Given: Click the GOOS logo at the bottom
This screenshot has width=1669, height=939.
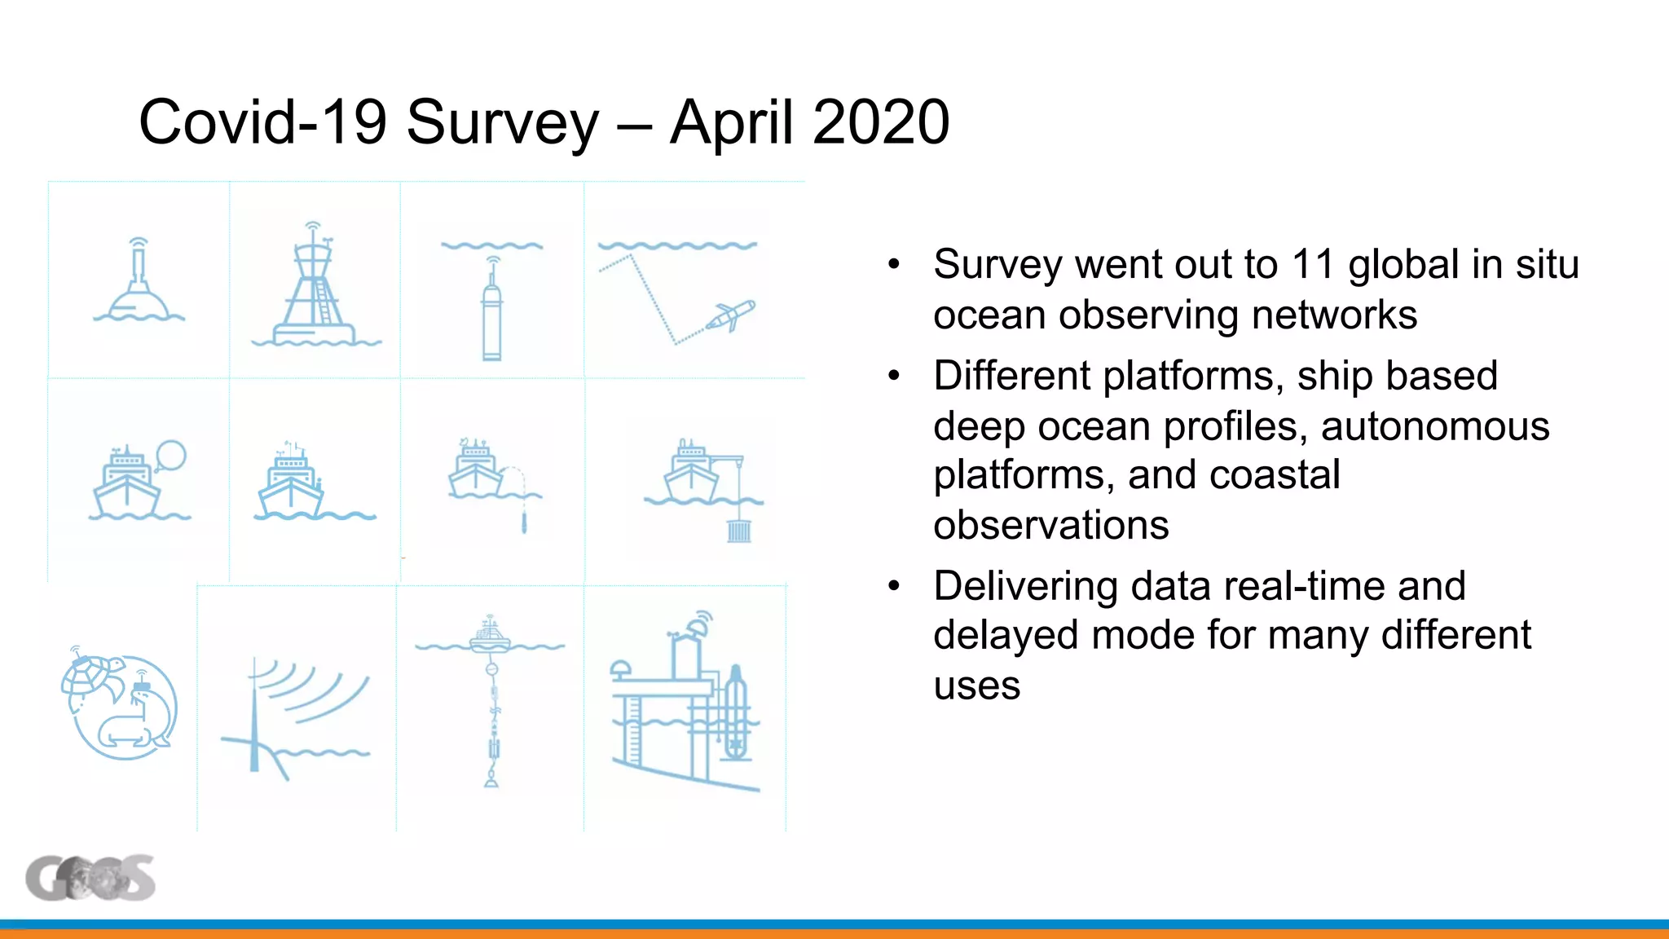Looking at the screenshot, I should tap(90, 878).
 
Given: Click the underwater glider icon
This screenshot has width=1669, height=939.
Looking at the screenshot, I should tap(731, 316).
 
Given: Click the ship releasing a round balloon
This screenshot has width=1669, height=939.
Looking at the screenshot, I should tap(139, 481).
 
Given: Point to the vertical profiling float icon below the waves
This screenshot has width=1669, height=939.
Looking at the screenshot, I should tap(491, 314).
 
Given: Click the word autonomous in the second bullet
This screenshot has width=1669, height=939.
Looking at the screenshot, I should tap(1434, 426).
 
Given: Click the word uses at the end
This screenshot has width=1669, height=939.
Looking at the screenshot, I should tap(976, 686).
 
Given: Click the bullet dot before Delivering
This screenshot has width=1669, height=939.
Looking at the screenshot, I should tap(894, 586).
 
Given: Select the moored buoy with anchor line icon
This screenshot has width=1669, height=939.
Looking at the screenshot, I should tap(491, 701).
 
